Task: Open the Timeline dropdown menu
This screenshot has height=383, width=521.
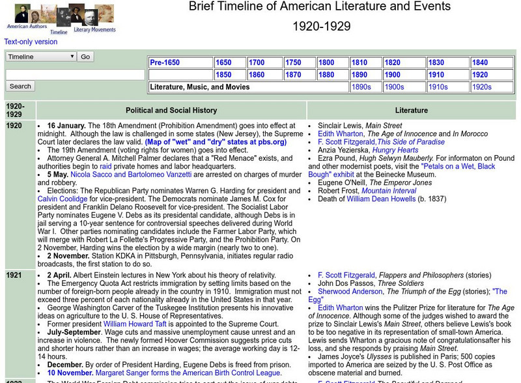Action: (x=41, y=57)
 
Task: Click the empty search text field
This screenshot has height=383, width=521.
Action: (x=75, y=75)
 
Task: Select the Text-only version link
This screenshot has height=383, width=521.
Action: (x=31, y=42)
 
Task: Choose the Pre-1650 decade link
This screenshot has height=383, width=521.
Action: (x=165, y=63)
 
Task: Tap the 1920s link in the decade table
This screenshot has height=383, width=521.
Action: (x=481, y=87)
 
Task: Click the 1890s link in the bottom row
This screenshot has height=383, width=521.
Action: (x=361, y=87)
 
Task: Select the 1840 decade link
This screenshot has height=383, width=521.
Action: (x=479, y=63)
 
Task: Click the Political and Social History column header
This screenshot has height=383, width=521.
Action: (x=171, y=110)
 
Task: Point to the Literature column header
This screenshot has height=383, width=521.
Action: (x=412, y=110)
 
